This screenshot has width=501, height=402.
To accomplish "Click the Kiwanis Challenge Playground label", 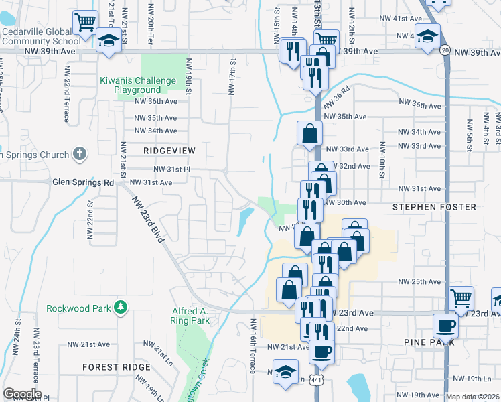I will coord(131,85).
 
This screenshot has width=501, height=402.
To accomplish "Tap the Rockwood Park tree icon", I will coord(121,307).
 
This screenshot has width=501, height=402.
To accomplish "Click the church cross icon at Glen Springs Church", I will coord(79,155).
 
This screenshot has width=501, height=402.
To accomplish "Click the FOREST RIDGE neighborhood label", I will coord(117,367).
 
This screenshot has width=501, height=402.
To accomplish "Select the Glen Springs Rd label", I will coord(84,182).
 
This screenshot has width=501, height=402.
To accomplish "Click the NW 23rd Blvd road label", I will coord(147,221).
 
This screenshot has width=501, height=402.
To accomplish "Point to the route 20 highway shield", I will coord(445,50).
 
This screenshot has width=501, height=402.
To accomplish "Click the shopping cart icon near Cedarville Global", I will coord(86,24).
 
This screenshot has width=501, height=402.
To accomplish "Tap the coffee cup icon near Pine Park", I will coord(445,326).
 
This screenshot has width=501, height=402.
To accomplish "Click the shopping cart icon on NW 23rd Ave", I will coord(461,298).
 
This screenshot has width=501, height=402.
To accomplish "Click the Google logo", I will coord(22,394).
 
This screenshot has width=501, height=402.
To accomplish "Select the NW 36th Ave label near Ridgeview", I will coord(155,101).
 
